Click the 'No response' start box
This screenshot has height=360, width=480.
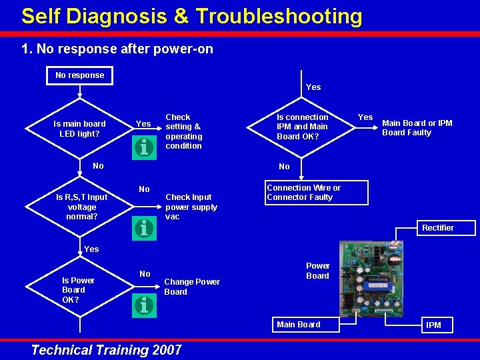coord(79,75)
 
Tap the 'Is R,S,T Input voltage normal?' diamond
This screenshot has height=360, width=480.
coord(81,207)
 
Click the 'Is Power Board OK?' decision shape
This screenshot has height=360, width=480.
coord(78,290)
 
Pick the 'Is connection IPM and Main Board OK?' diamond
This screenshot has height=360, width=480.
coord(303,127)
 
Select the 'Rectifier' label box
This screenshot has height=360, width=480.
coord(437,228)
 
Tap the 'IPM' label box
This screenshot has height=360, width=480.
coord(433,325)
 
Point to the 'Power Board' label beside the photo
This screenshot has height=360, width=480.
coord(317,271)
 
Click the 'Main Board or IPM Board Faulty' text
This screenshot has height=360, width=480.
coord(417,127)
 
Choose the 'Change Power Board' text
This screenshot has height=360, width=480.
coord(191,287)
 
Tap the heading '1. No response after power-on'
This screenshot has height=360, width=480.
coord(117,49)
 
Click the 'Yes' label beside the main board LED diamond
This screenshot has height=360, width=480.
coord(143,124)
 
